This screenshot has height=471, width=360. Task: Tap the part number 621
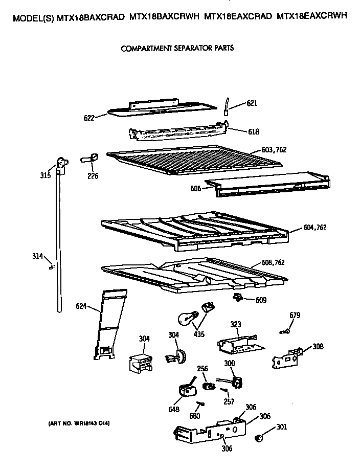(x=252, y=103)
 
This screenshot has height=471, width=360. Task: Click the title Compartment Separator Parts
(x=177, y=49)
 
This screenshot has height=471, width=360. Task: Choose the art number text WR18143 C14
(x=80, y=423)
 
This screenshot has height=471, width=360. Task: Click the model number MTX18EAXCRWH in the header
(x=311, y=16)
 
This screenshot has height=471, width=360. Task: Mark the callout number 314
(x=37, y=257)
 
